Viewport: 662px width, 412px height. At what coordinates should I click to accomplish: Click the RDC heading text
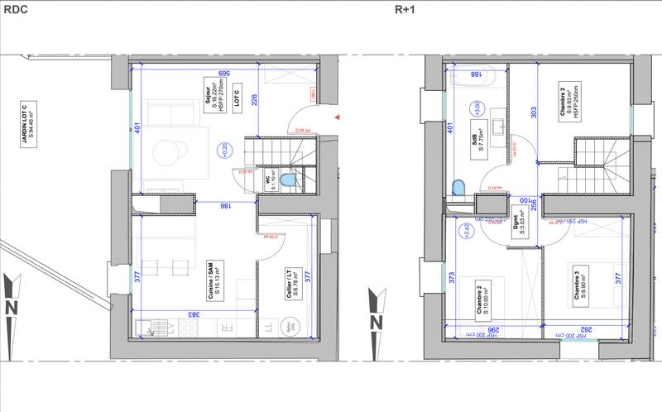[x=15, y=10]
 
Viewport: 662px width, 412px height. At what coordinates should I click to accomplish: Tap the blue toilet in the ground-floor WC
[x=286, y=180]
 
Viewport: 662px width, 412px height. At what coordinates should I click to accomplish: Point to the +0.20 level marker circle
[x=223, y=150]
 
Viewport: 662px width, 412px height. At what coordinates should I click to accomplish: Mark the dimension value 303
[x=534, y=113]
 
